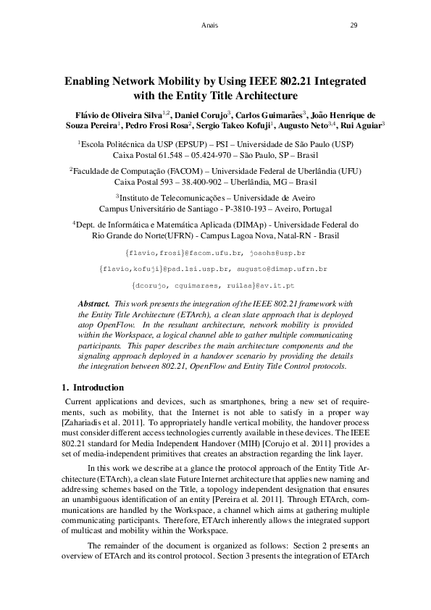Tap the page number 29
[353, 26]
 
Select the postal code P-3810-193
[254, 208]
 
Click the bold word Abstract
[93, 303]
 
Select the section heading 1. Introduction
[93, 388]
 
